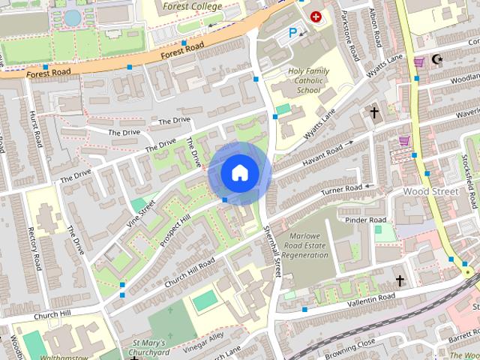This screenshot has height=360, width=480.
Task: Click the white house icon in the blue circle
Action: pyautogui.click(x=238, y=173)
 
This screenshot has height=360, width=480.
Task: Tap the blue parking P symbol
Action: pyautogui.click(x=293, y=32)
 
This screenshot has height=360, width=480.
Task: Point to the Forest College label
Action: pyautogui.click(x=193, y=7)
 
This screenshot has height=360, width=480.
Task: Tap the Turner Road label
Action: pyautogui.click(x=341, y=191)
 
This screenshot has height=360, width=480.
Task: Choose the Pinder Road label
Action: pyautogui.click(x=365, y=220)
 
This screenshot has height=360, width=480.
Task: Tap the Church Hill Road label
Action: pyautogui.click(x=190, y=271)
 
